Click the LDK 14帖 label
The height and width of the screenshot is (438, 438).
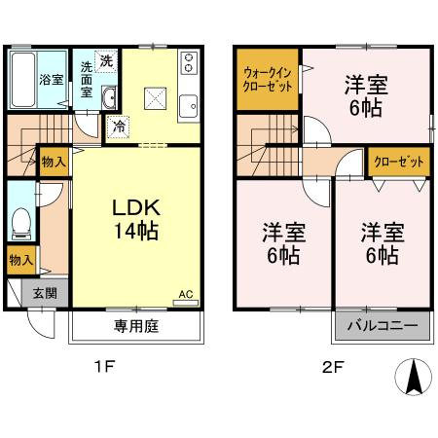(x=131, y=221)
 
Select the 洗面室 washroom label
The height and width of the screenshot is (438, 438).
(x=87, y=80)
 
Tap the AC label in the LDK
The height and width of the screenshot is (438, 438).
(x=185, y=293)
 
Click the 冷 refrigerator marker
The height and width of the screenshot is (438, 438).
(x=118, y=126)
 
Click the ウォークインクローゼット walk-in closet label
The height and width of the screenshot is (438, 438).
(x=266, y=77)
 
